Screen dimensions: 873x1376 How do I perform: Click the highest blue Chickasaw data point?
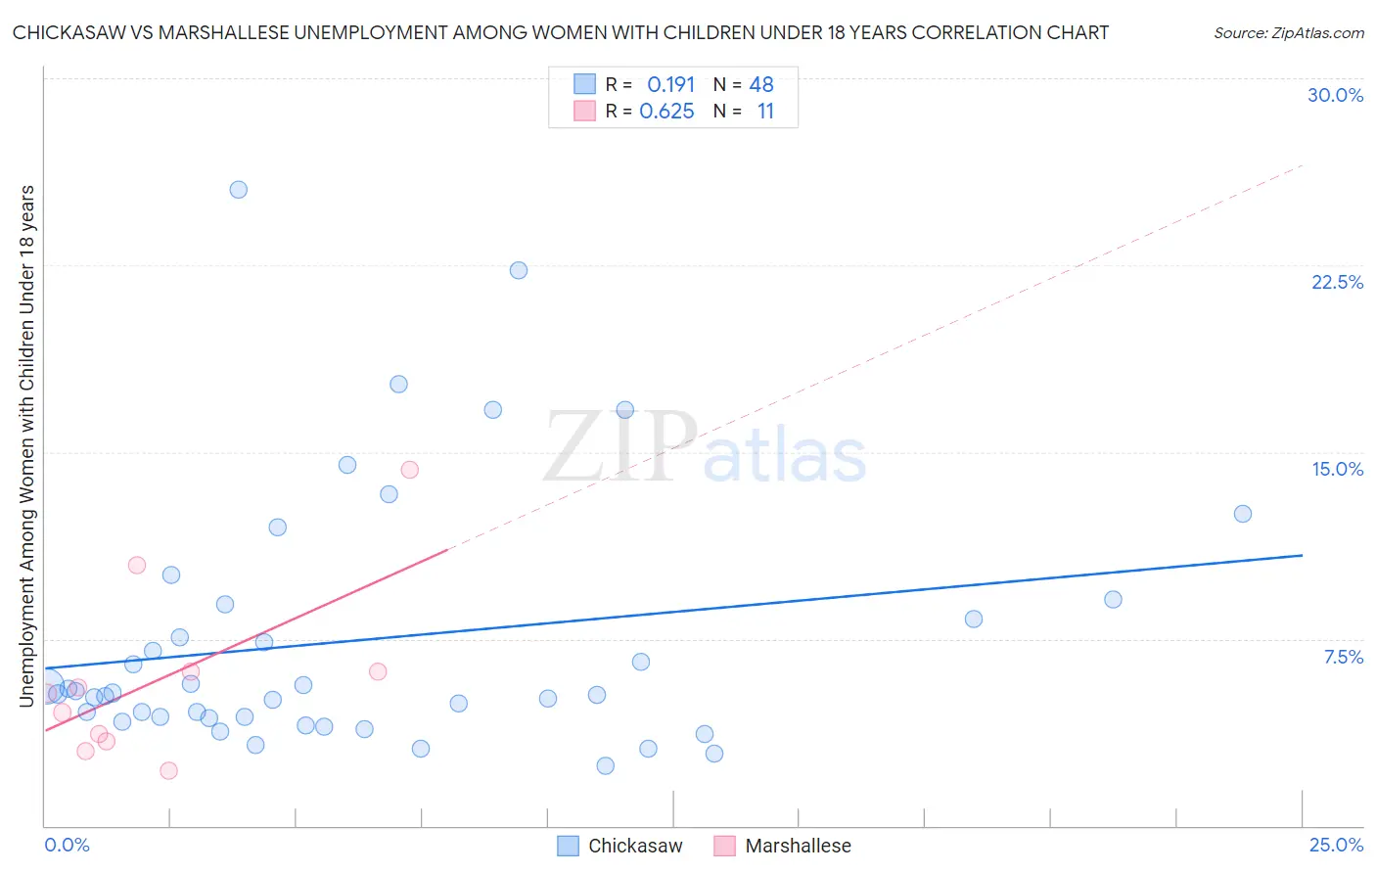tap(239, 190)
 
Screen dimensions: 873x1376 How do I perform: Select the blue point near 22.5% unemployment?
tap(519, 270)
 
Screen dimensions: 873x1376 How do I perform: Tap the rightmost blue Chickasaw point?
tap(1243, 514)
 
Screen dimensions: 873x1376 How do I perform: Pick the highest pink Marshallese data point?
tap(410, 470)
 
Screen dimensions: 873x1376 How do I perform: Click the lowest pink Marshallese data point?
tap(168, 770)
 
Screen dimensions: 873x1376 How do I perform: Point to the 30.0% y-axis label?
tap(1335, 95)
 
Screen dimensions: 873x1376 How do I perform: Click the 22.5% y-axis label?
tap(1337, 282)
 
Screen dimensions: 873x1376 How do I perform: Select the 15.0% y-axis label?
tap(1337, 469)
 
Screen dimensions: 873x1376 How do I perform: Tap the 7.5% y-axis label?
tap(1343, 657)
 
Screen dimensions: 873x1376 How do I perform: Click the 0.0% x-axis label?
tap(67, 845)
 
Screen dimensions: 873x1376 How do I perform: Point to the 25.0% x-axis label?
tap(1336, 845)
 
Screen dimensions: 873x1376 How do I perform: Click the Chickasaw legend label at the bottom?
tap(635, 846)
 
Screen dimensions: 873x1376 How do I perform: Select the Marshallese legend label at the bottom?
tap(798, 846)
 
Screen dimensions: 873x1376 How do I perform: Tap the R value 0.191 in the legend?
tap(670, 85)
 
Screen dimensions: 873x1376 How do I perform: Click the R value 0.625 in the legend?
tap(666, 112)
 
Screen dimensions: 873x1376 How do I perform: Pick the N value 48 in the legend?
tap(761, 85)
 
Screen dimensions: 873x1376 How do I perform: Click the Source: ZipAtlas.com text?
tap(1288, 33)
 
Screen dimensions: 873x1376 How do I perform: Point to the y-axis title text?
tap(27, 445)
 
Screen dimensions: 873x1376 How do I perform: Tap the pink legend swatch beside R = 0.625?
tap(584, 111)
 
